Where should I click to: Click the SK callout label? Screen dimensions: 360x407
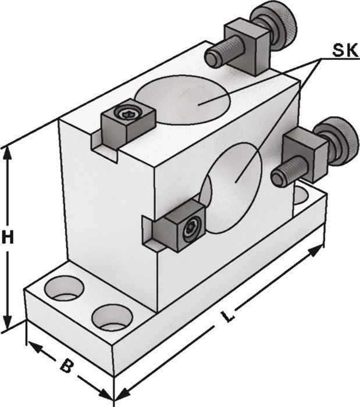click(x=345, y=50)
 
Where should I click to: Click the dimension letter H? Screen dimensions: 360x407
click(x=8, y=237)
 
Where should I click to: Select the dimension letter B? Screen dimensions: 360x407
click(x=67, y=365)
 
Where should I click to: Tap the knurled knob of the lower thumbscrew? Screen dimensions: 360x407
click(x=337, y=140)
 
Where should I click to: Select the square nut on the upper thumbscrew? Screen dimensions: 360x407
click(x=247, y=47)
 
